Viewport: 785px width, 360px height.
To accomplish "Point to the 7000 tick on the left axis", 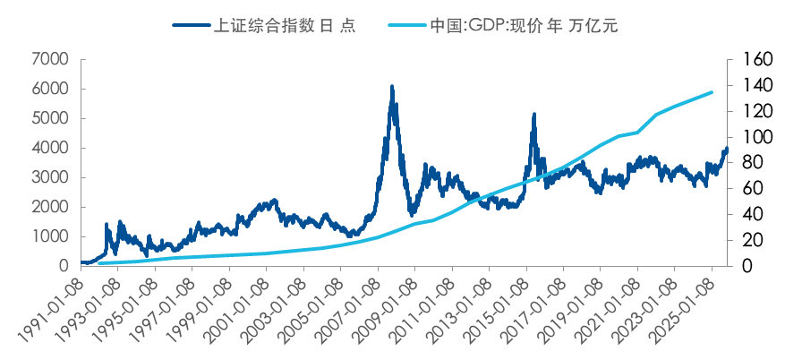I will pyautogui.click(x=50, y=60).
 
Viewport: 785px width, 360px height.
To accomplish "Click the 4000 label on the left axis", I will pyautogui.click(x=50, y=148).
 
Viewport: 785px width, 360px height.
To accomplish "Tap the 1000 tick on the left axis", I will pyautogui.click(x=50, y=236).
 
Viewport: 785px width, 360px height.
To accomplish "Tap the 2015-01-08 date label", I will pyautogui.click(x=496, y=310).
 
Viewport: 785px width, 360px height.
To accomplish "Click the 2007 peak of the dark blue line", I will pyautogui.click(x=392, y=87).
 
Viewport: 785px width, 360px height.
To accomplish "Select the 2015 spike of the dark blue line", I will pyautogui.click(x=533, y=115).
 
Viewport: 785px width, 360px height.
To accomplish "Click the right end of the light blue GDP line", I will pyautogui.click(x=712, y=92).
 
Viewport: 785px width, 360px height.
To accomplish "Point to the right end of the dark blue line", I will pyautogui.click(x=727, y=150).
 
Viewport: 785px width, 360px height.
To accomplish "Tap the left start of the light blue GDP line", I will pyautogui.click(x=99, y=263).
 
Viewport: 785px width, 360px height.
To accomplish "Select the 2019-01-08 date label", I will pyautogui.click(x=570, y=310).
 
